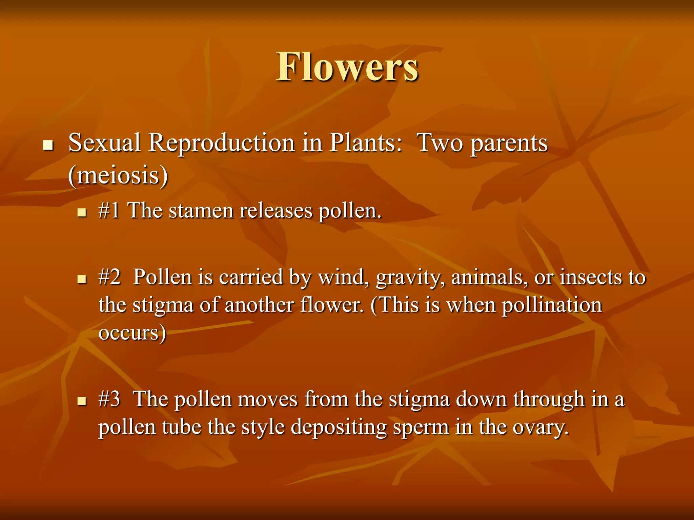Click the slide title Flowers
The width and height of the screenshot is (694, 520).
(347, 67)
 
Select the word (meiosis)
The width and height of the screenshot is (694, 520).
(118, 176)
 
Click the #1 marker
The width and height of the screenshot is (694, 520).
(109, 211)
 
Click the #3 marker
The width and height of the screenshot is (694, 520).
(109, 399)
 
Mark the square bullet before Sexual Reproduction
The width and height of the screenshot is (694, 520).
(48, 146)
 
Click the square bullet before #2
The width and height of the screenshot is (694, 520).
(82, 280)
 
